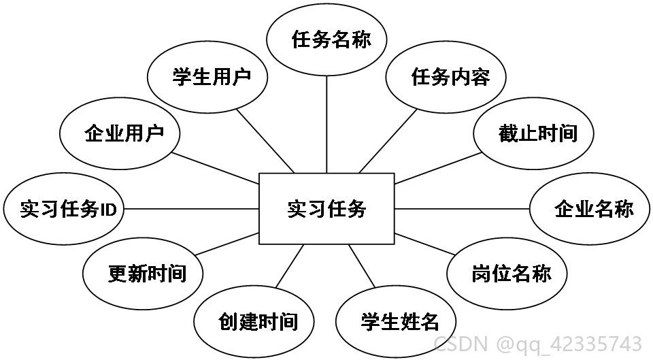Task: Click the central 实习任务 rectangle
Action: [326, 208]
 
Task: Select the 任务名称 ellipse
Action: [326, 40]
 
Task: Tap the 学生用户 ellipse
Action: [207, 77]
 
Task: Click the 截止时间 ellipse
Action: [533, 133]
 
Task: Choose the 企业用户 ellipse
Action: [120, 133]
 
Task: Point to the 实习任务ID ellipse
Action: [64, 208]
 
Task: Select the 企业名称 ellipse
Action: [590, 208]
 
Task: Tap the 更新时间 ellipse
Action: [143, 274]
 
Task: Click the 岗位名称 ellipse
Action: [507, 274]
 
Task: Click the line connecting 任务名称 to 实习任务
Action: [326, 125]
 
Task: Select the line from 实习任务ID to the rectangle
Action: [192, 208]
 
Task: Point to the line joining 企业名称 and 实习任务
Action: [462, 208]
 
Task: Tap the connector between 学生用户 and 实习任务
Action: [265, 141]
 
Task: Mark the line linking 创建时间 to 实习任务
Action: [290, 266]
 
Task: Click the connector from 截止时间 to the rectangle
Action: [437, 168]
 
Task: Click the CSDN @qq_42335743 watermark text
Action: [537, 344]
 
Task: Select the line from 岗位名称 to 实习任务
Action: [424, 244]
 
